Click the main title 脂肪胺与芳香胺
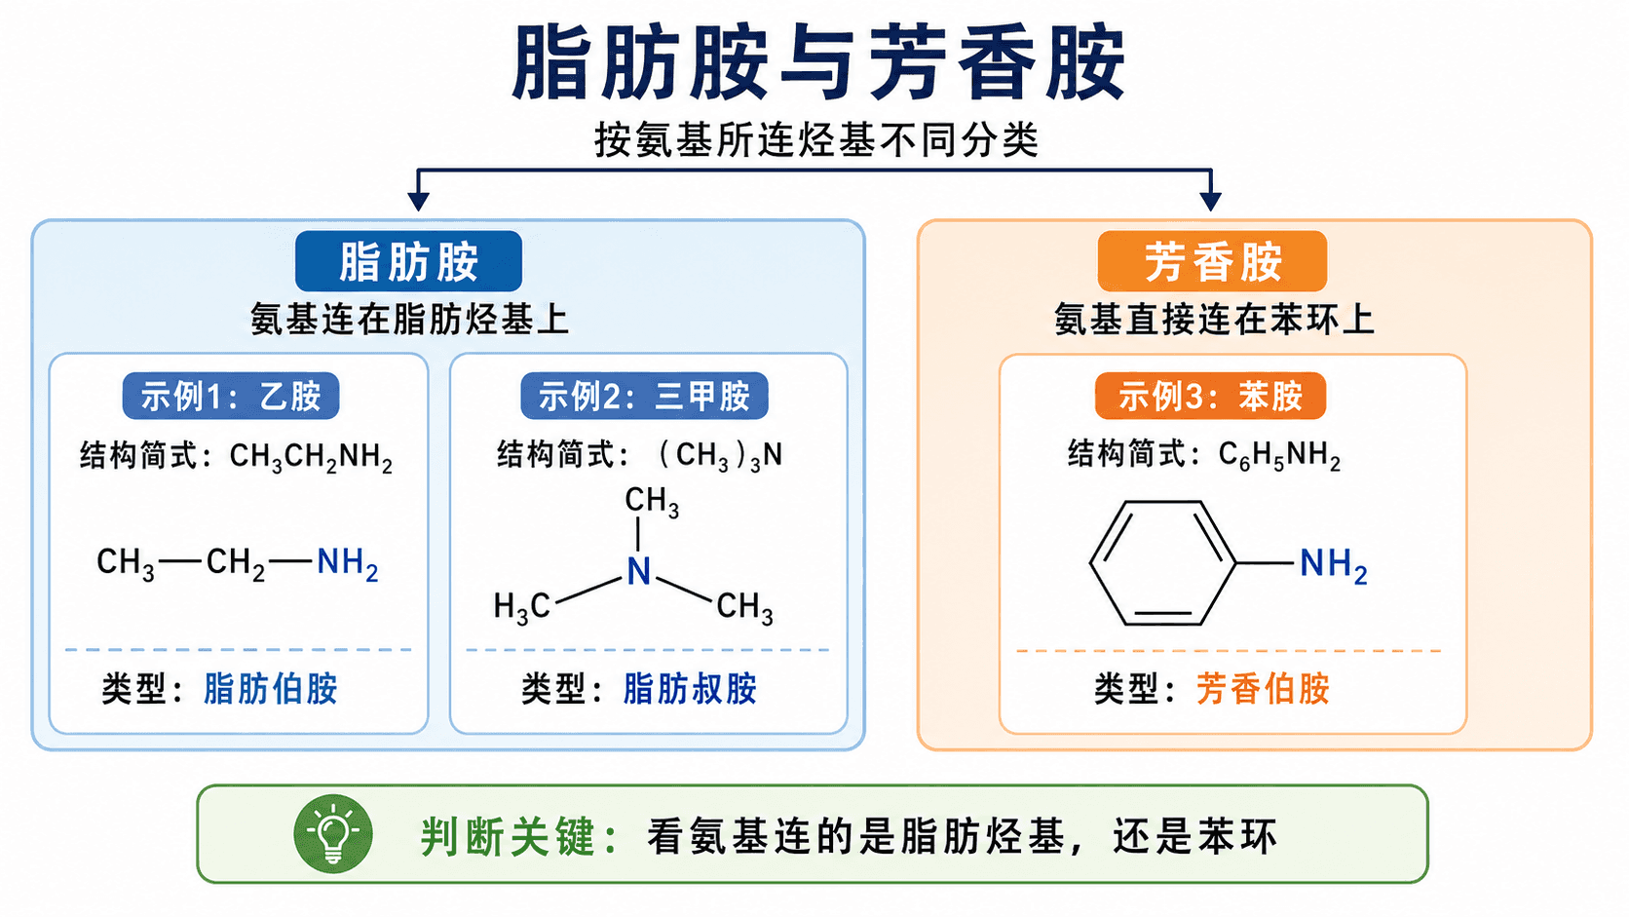818,62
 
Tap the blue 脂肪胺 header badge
408,262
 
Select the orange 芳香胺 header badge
1212,262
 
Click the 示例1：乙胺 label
231,397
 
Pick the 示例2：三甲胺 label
644,397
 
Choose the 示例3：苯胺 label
1210,397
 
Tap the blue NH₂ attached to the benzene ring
1333,564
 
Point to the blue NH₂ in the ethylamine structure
348,563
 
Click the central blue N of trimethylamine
638,572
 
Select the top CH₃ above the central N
652,502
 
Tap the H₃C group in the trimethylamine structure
521,606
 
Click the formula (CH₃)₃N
719,456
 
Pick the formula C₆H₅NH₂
1279,456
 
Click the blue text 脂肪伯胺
271,689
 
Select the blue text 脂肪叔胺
690,689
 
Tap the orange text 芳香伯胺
1263,689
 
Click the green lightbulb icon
333,833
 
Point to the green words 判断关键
508,837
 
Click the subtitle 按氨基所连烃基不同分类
815,139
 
